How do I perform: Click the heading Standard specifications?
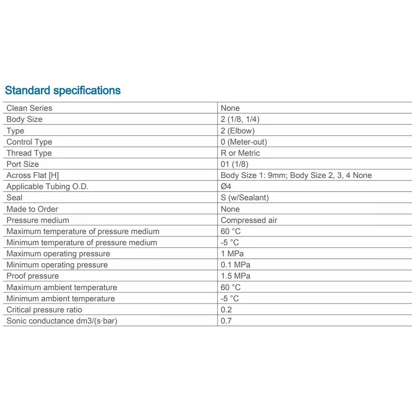click(x=63, y=90)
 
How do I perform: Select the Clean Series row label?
click(x=29, y=108)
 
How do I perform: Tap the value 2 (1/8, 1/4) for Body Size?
click(x=240, y=119)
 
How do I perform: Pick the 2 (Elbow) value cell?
click(x=237, y=131)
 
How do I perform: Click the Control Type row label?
click(x=29, y=142)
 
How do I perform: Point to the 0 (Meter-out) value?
click(x=243, y=142)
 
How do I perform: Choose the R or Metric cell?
click(x=240, y=153)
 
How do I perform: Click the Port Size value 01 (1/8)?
click(x=234, y=164)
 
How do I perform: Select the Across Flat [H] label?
click(x=33, y=175)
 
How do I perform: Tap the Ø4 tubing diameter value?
click(x=226, y=186)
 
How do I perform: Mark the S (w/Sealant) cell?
click(x=245, y=197)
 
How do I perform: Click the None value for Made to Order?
click(x=230, y=209)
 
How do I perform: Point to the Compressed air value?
click(x=249, y=220)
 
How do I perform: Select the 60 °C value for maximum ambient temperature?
click(x=230, y=287)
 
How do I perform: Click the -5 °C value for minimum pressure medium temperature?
click(x=229, y=242)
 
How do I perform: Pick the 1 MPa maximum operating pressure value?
click(x=232, y=253)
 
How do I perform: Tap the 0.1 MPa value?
click(x=235, y=265)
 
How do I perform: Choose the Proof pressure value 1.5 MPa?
click(x=235, y=276)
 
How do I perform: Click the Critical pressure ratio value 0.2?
click(x=226, y=309)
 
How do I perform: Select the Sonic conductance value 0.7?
click(x=226, y=321)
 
